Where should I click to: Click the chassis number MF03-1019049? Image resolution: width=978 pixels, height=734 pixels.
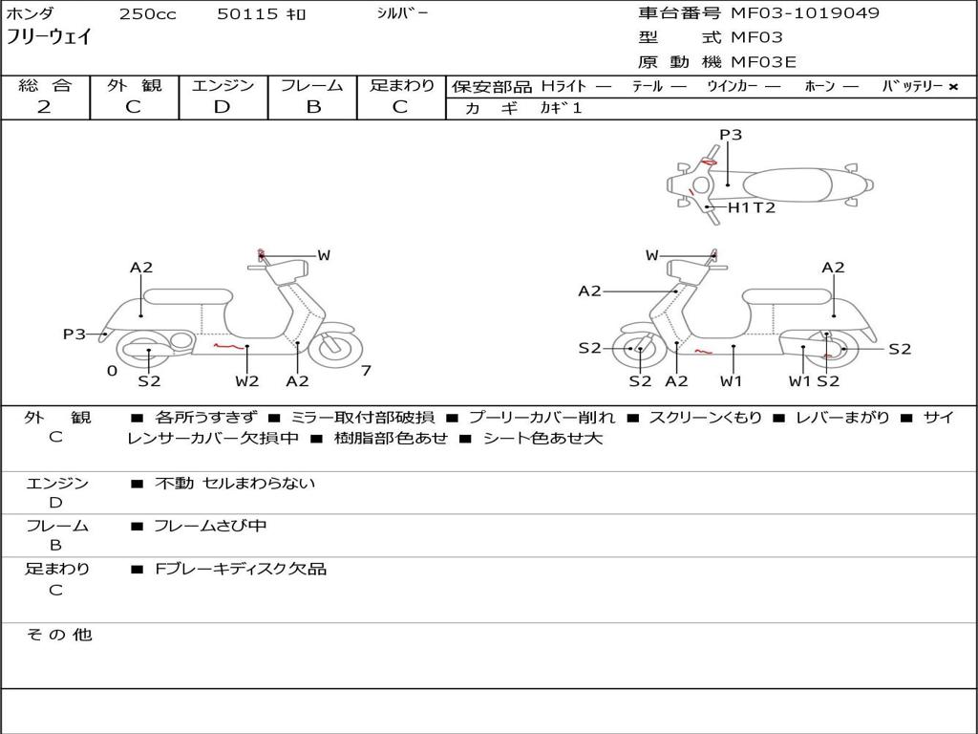tap(805, 13)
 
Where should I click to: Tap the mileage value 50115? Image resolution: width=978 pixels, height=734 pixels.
tap(247, 14)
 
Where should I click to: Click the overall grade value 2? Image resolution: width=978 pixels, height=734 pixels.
tap(44, 107)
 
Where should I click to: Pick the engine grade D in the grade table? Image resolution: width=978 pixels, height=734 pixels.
tap(222, 107)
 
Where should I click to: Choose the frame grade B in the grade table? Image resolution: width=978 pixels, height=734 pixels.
tap(313, 107)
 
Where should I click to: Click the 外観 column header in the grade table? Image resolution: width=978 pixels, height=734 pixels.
tap(134, 85)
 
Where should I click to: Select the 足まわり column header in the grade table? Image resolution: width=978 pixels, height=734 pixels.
tap(402, 85)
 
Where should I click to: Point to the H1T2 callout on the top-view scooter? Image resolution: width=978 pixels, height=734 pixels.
tap(751, 207)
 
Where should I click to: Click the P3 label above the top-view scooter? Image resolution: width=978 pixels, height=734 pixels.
tap(731, 135)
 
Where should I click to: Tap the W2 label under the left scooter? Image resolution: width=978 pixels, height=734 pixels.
tap(247, 381)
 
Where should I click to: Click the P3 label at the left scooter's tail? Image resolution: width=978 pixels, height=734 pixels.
tap(74, 335)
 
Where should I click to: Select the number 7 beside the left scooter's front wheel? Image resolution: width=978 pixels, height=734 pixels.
tap(366, 370)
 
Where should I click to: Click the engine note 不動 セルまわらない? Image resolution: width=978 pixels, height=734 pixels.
tap(235, 484)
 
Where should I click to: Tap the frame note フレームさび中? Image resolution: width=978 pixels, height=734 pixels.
tap(210, 526)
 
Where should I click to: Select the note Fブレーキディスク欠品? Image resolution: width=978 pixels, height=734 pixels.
tap(241, 569)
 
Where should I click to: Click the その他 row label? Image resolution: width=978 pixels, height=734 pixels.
tap(58, 635)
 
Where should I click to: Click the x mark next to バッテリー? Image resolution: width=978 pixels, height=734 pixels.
tap(953, 86)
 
